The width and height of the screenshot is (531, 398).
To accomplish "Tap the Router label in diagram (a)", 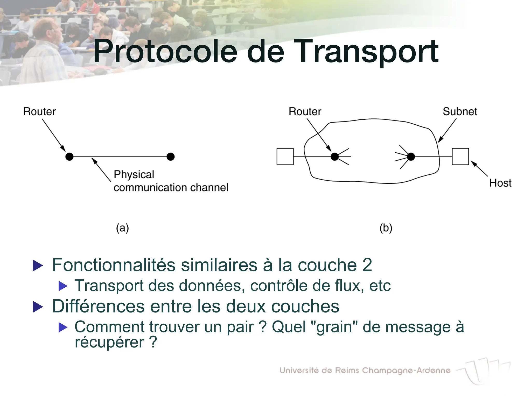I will [x=39, y=112].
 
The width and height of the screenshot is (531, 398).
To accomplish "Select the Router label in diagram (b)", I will [x=305, y=112].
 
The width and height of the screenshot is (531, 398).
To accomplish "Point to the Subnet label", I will [x=460, y=112].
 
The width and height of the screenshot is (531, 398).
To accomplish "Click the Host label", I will [x=500, y=183].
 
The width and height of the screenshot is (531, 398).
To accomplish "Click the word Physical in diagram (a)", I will [x=134, y=175].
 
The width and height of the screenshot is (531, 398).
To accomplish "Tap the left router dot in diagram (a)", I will [x=69, y=157].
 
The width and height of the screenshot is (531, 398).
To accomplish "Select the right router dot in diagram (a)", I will [x=171, y=157].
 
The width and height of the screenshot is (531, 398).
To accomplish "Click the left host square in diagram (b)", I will [x=285, y=157].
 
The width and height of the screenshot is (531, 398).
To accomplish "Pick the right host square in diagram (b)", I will [x=460, y=157].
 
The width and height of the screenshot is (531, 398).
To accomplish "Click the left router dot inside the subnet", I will [x=335, y=157].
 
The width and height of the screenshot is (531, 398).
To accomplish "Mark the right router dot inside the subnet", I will [x=411, y=157].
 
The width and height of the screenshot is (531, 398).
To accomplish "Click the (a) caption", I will [x=122, y=228].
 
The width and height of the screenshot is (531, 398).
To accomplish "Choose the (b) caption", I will [x=386, y=228].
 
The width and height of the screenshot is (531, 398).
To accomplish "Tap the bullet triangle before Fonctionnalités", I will [x=38, y=266].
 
